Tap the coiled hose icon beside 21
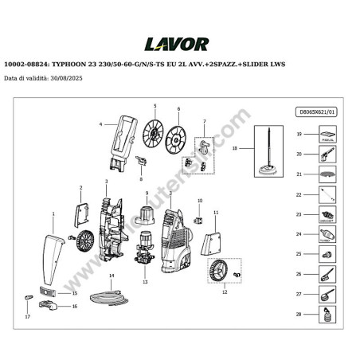click(x=326, y=174)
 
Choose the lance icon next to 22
click(x=326, y=195)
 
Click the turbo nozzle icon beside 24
click(x=326, y=235)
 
